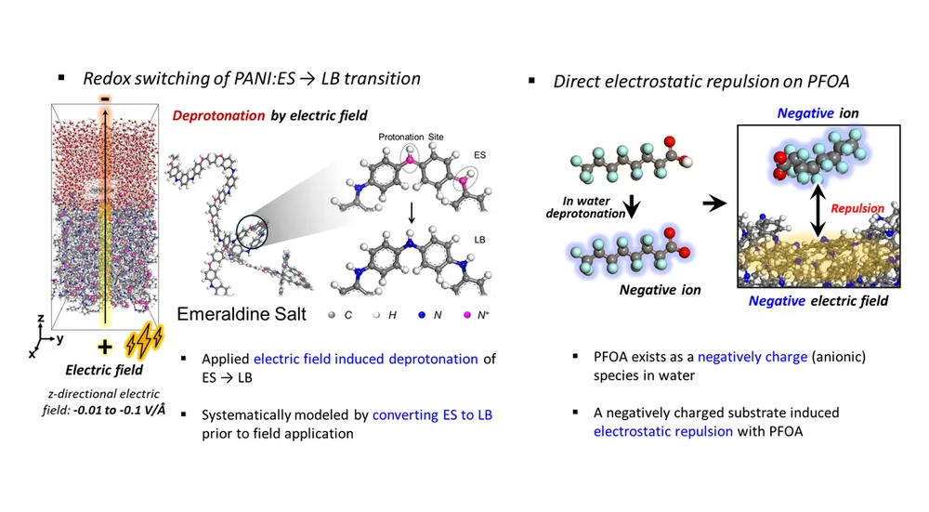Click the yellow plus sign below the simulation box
tap(105, 348)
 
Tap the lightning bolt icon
tap(144, 341)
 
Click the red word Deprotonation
tap(218, 115)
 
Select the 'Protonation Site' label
tap(411, 137)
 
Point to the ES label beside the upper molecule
tap(480, 154)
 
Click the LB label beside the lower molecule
tap(480, 240)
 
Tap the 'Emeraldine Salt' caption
tap(242, 314)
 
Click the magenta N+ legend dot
tap(467, 315)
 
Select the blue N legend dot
tap(422, 315)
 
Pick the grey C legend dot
tap(332, 315)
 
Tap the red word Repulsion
tap(857, 208)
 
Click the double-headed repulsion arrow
tap(818, 210)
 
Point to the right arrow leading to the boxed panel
tap(714, 203)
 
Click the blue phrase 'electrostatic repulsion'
tap(663, 431)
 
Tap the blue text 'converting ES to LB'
tap(433, 414)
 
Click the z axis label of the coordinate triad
tap(41, 319)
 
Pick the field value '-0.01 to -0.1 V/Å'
tap(119, 410)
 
